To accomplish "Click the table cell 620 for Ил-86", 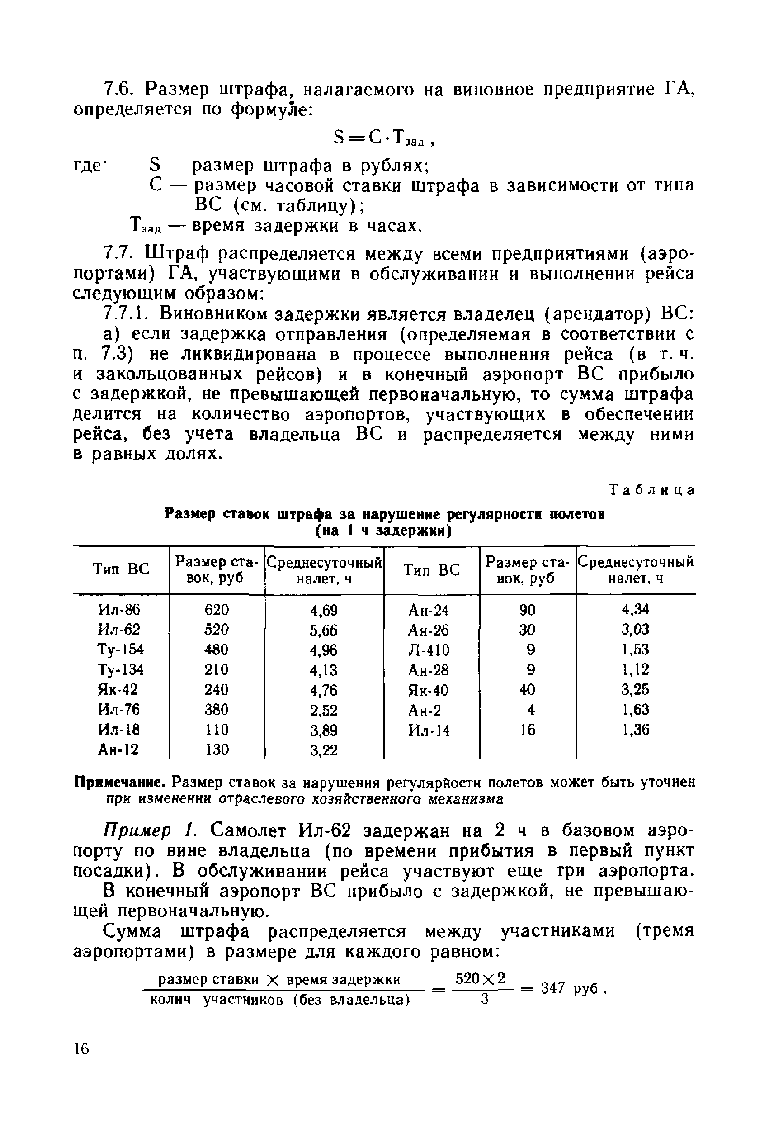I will [x=216, y=609].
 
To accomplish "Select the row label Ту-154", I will [x=120, y=650].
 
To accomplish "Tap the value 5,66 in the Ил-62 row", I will [x=324, y=630].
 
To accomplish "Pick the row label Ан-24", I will [x=428, y=610].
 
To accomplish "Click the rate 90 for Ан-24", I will [x=527, y=609].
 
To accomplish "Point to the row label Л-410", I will [x=429, y=650].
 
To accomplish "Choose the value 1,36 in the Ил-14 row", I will [x=636, y=730].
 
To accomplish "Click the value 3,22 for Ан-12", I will [x=324, y=750].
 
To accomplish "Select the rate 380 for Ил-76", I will [x=216, y=709].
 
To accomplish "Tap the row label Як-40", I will [x=428, y=690].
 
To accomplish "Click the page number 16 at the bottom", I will [x=81, y=1049].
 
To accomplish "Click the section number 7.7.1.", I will [x=128, y=313].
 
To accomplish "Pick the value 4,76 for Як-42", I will [x=324, y=690].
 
